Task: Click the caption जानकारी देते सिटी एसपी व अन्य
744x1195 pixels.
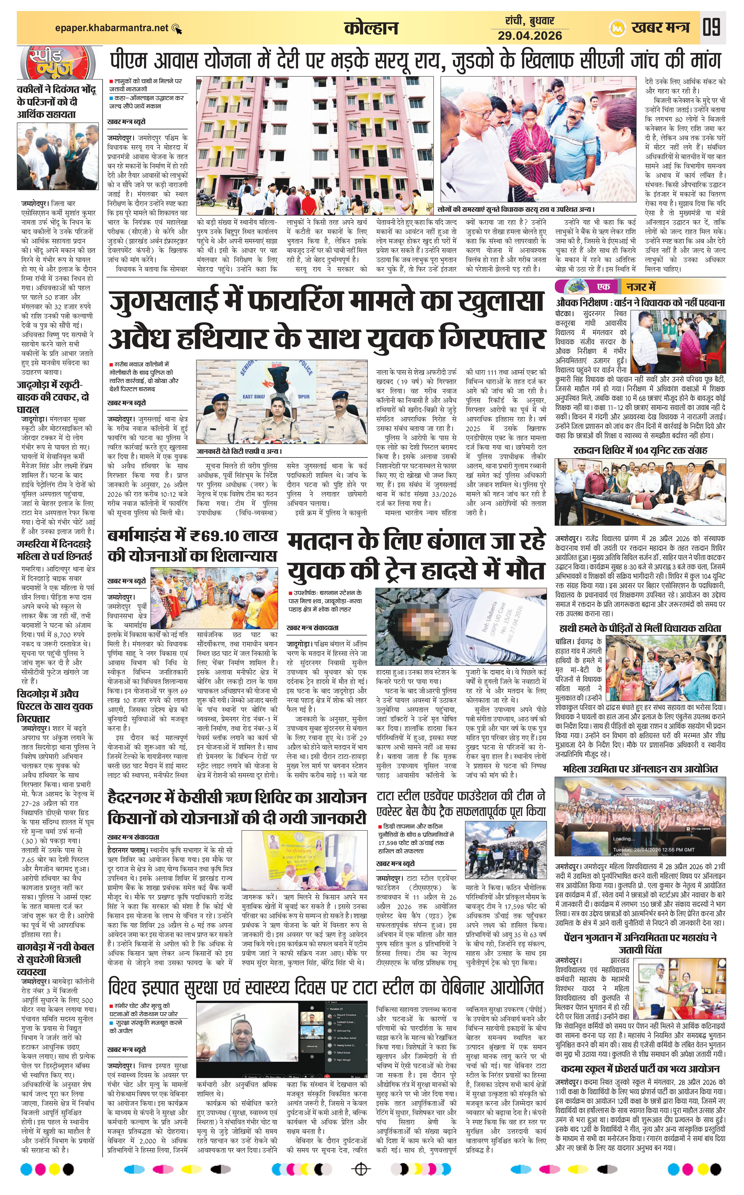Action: (x=240, y=451)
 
